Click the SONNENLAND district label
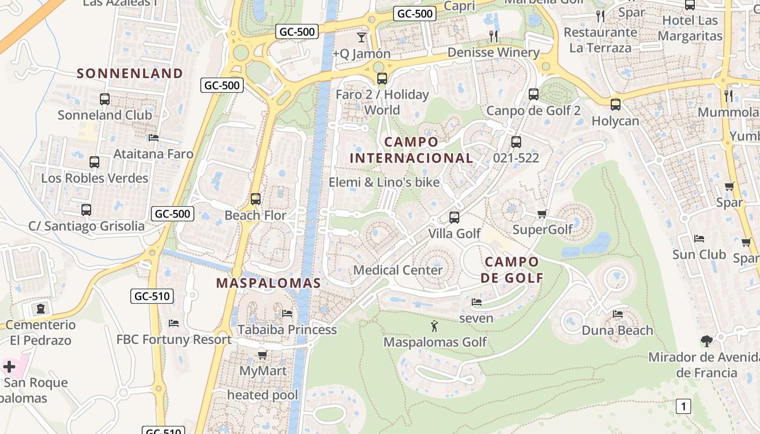[x=130, y=73]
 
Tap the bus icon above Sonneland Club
[x=105, y=99]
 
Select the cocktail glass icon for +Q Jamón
[x=362, y=37]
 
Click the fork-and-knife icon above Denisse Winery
[x=493, y=36]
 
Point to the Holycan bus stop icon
[x=615, y=105]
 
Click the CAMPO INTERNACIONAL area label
[x=411, y=150]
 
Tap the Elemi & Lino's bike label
[x=384, y=182]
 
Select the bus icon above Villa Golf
[x=454, y=218]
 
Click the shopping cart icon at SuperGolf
[x=542, y=214]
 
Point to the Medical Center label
[x=398, y=270]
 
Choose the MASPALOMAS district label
[x=269, y=283]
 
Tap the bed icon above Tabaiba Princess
[x=287, y=314]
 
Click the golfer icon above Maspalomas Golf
[x=434, y=326]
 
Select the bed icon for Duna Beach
[x=618, y=314]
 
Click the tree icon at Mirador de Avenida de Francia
[x=706, y=341]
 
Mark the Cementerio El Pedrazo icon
[x=41, y=309]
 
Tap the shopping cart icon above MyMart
[x=263, y=355]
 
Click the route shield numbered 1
[x=683, y=406]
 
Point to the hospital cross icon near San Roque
[x=9, y=367]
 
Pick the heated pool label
[x=263, y=395]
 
